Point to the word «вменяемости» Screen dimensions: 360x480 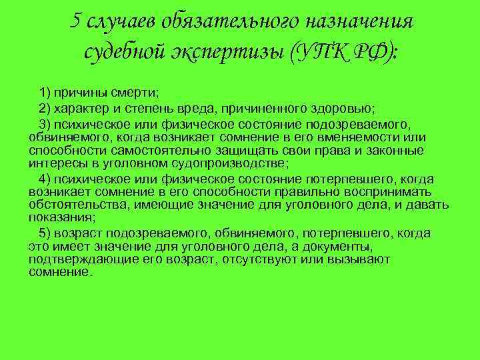(x=375, y=137)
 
